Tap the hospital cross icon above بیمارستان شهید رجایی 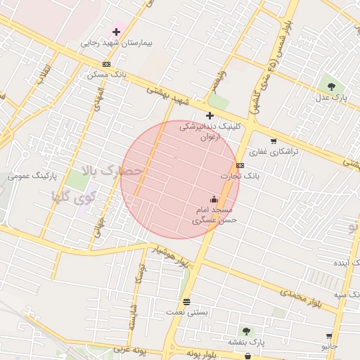coord(117,32)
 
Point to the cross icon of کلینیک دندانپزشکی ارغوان coord(210,115)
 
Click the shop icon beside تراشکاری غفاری coord(273,141)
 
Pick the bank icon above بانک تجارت coord(240,165)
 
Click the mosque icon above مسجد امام coord(214,200)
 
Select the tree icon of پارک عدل coord(330,85)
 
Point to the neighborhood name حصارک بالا coord(112,170)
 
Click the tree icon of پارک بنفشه coord(246,331)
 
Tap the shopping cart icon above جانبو coord(328,336)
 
